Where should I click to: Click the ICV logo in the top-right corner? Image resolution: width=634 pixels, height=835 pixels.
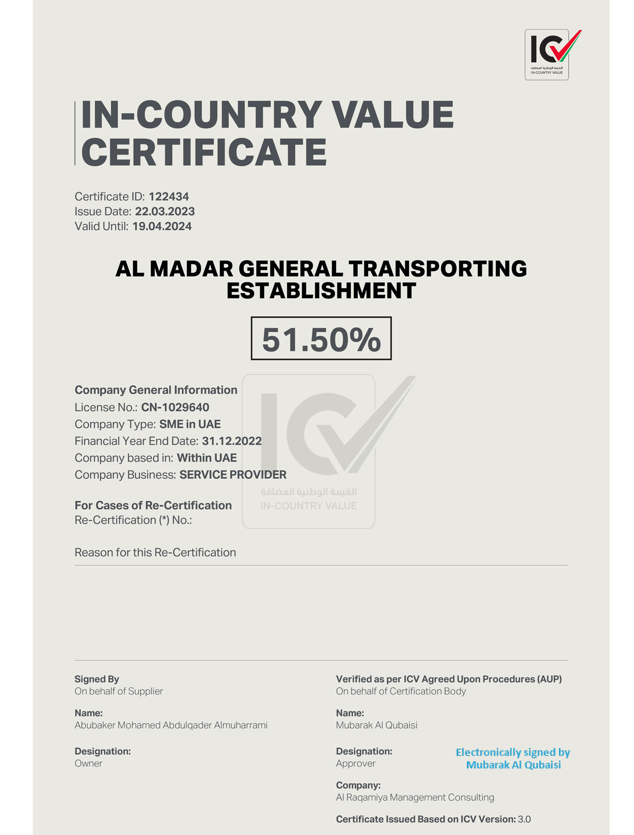click(547, 54)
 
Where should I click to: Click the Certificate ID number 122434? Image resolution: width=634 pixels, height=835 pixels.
click(169, 197)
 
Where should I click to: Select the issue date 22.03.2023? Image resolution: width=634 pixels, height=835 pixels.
click(165, 212)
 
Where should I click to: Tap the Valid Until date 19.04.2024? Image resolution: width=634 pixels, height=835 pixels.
click(162, 226)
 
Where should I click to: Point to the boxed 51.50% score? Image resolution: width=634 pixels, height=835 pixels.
click(321, 339)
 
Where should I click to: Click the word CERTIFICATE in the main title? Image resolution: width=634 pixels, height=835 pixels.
click(204, 153)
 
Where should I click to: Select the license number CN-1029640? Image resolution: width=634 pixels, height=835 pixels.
click(175, 407)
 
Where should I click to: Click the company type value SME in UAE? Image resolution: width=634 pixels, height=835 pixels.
click(190, 424)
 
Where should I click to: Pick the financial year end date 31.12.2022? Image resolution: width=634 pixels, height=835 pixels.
click(231, 441)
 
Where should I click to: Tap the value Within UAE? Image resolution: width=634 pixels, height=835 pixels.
click(207, 458)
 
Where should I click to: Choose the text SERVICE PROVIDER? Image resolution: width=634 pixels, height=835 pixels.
click(232, 475)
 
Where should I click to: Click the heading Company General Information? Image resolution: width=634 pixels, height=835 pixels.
click(156, 390)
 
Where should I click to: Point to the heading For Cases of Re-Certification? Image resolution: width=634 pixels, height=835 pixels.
click(153, 506)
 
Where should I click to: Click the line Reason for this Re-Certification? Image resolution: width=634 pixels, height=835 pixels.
click(155, 553)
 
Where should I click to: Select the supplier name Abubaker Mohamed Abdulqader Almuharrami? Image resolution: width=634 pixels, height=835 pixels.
click(171, 725)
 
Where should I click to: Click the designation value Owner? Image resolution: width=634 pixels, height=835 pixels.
click(88, 763)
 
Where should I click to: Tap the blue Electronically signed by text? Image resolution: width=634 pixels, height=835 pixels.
click(512, 753)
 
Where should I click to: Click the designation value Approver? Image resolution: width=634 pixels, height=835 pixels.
click(356, 763)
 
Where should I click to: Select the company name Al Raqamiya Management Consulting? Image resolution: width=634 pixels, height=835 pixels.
click(415, 798)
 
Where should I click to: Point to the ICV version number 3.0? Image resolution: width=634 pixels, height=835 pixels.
click(524, 820)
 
